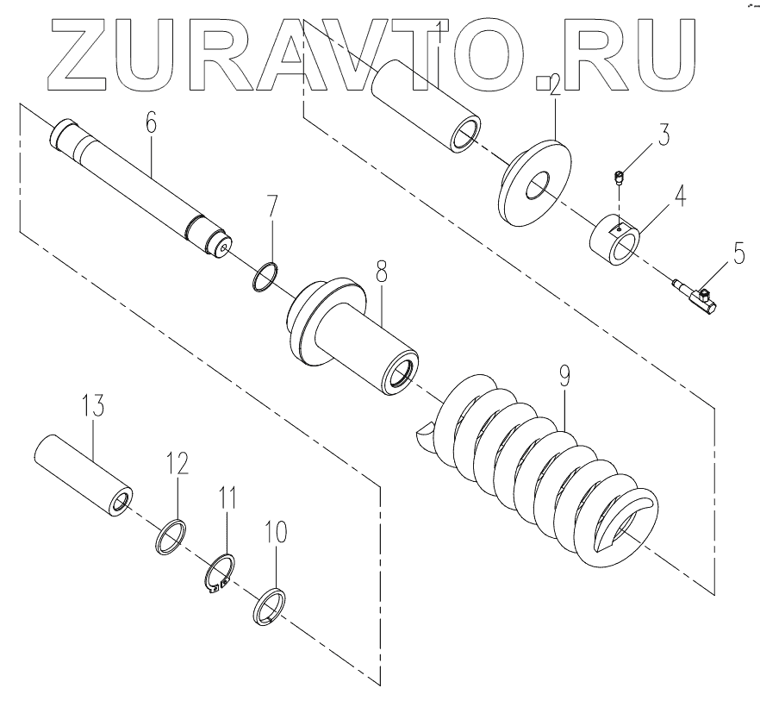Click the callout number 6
pos(151,122)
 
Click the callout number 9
pos(564,376)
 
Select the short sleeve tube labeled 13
pos(84,477)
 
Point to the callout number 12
pos(178,466)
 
